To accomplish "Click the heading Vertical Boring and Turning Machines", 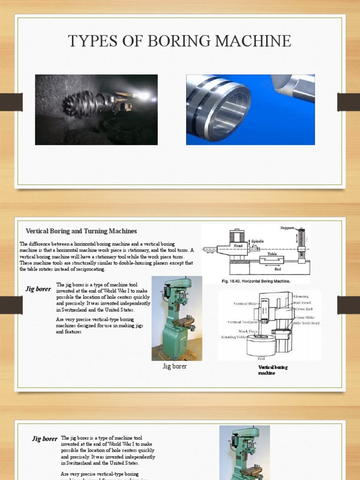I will pos(81,231).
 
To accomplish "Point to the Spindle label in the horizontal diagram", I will pos(257,241).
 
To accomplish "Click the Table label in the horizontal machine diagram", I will pos(272,254).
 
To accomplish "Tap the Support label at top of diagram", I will pos(287,228).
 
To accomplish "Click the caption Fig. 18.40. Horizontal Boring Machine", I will pos(256,281).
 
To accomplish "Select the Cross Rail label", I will pos(303,309).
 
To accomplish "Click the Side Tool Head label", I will pos(307,323).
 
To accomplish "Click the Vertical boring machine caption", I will pos(273,370).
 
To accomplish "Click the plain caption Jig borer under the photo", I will pos(174,366).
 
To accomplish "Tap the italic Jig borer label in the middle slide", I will pos(38,289).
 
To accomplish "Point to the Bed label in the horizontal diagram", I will pos(277,270).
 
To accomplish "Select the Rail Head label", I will pos(303,303).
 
